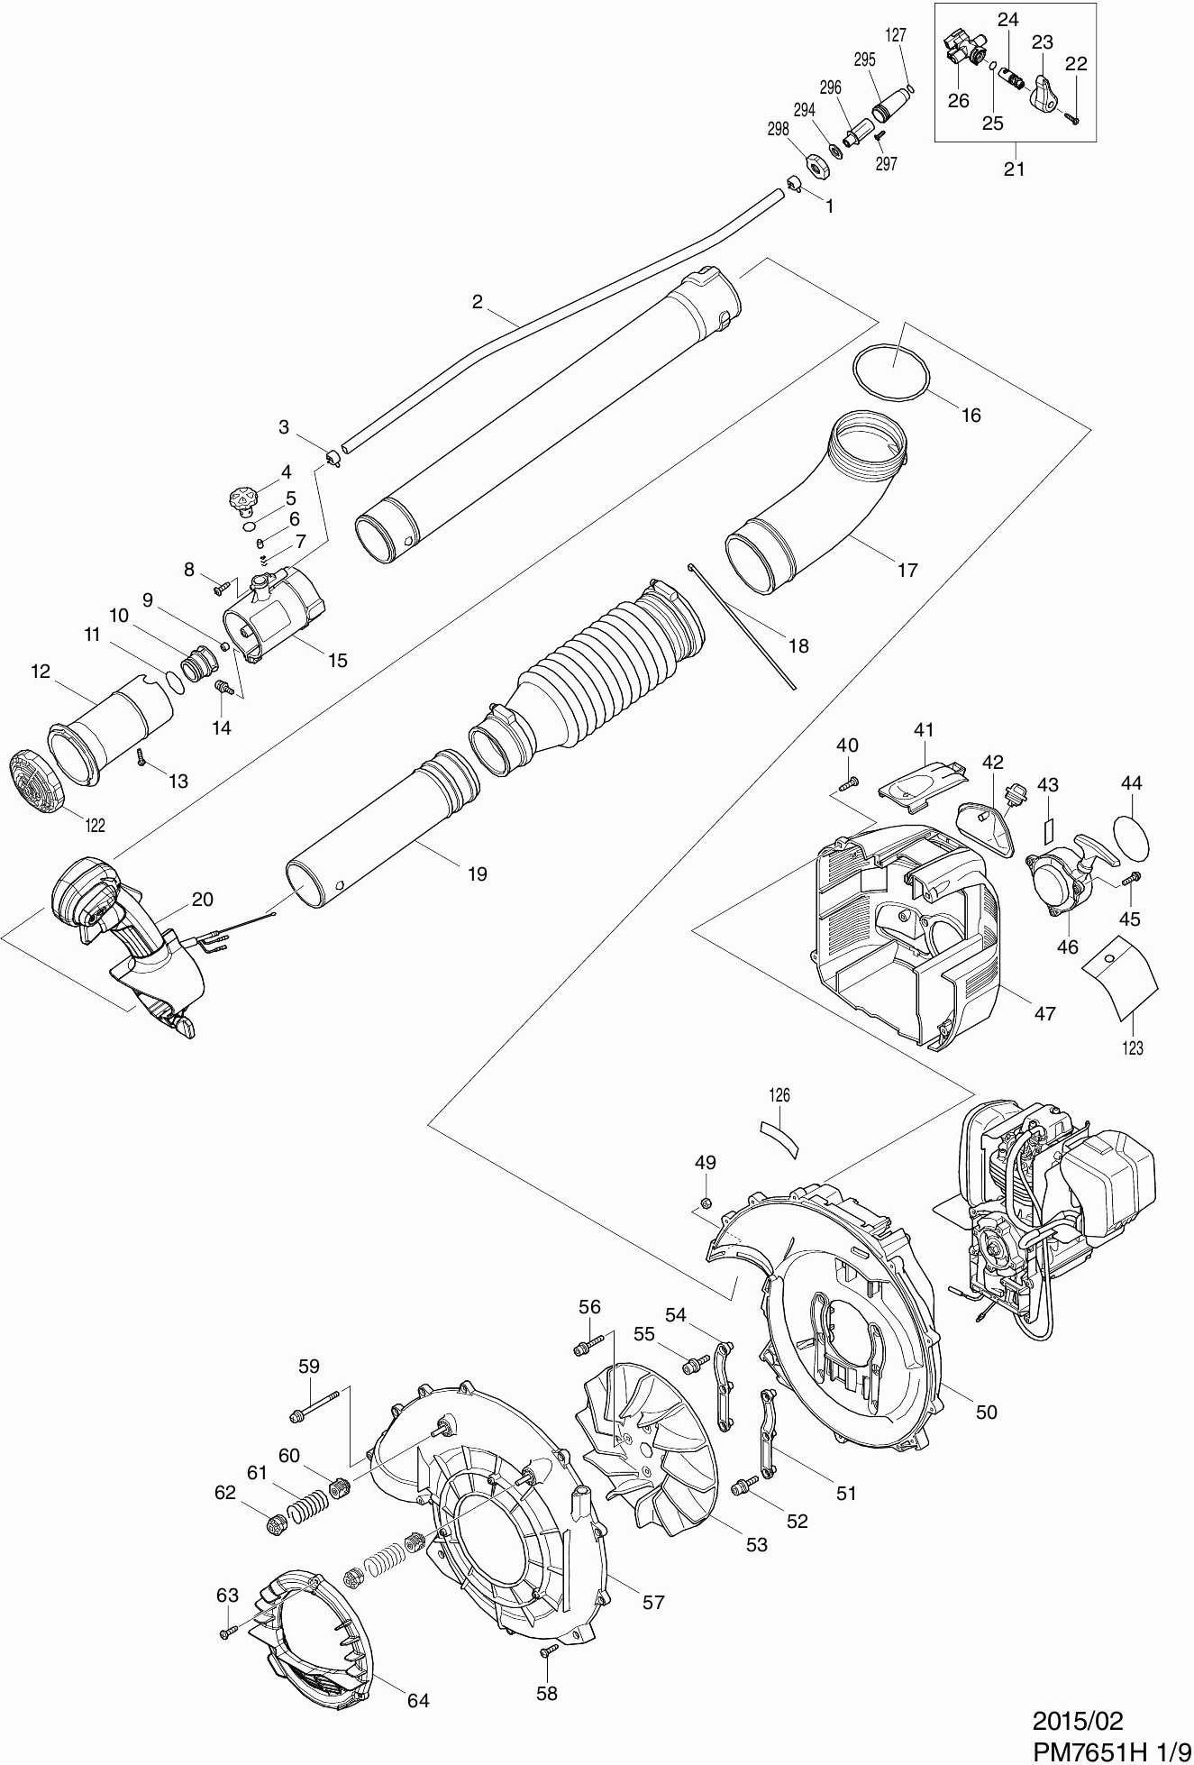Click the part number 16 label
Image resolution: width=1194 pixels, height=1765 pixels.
point(971,415)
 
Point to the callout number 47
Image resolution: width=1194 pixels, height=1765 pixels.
point(1044,1013)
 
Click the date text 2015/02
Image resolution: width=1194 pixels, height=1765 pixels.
point(1078,1721)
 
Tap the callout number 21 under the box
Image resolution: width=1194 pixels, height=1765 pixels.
point(1015,168)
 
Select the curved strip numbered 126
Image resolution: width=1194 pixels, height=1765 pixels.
point(779,1138)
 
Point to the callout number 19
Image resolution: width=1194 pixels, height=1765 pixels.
point(477,873)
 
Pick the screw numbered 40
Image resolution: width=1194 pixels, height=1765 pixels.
point(847,783)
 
